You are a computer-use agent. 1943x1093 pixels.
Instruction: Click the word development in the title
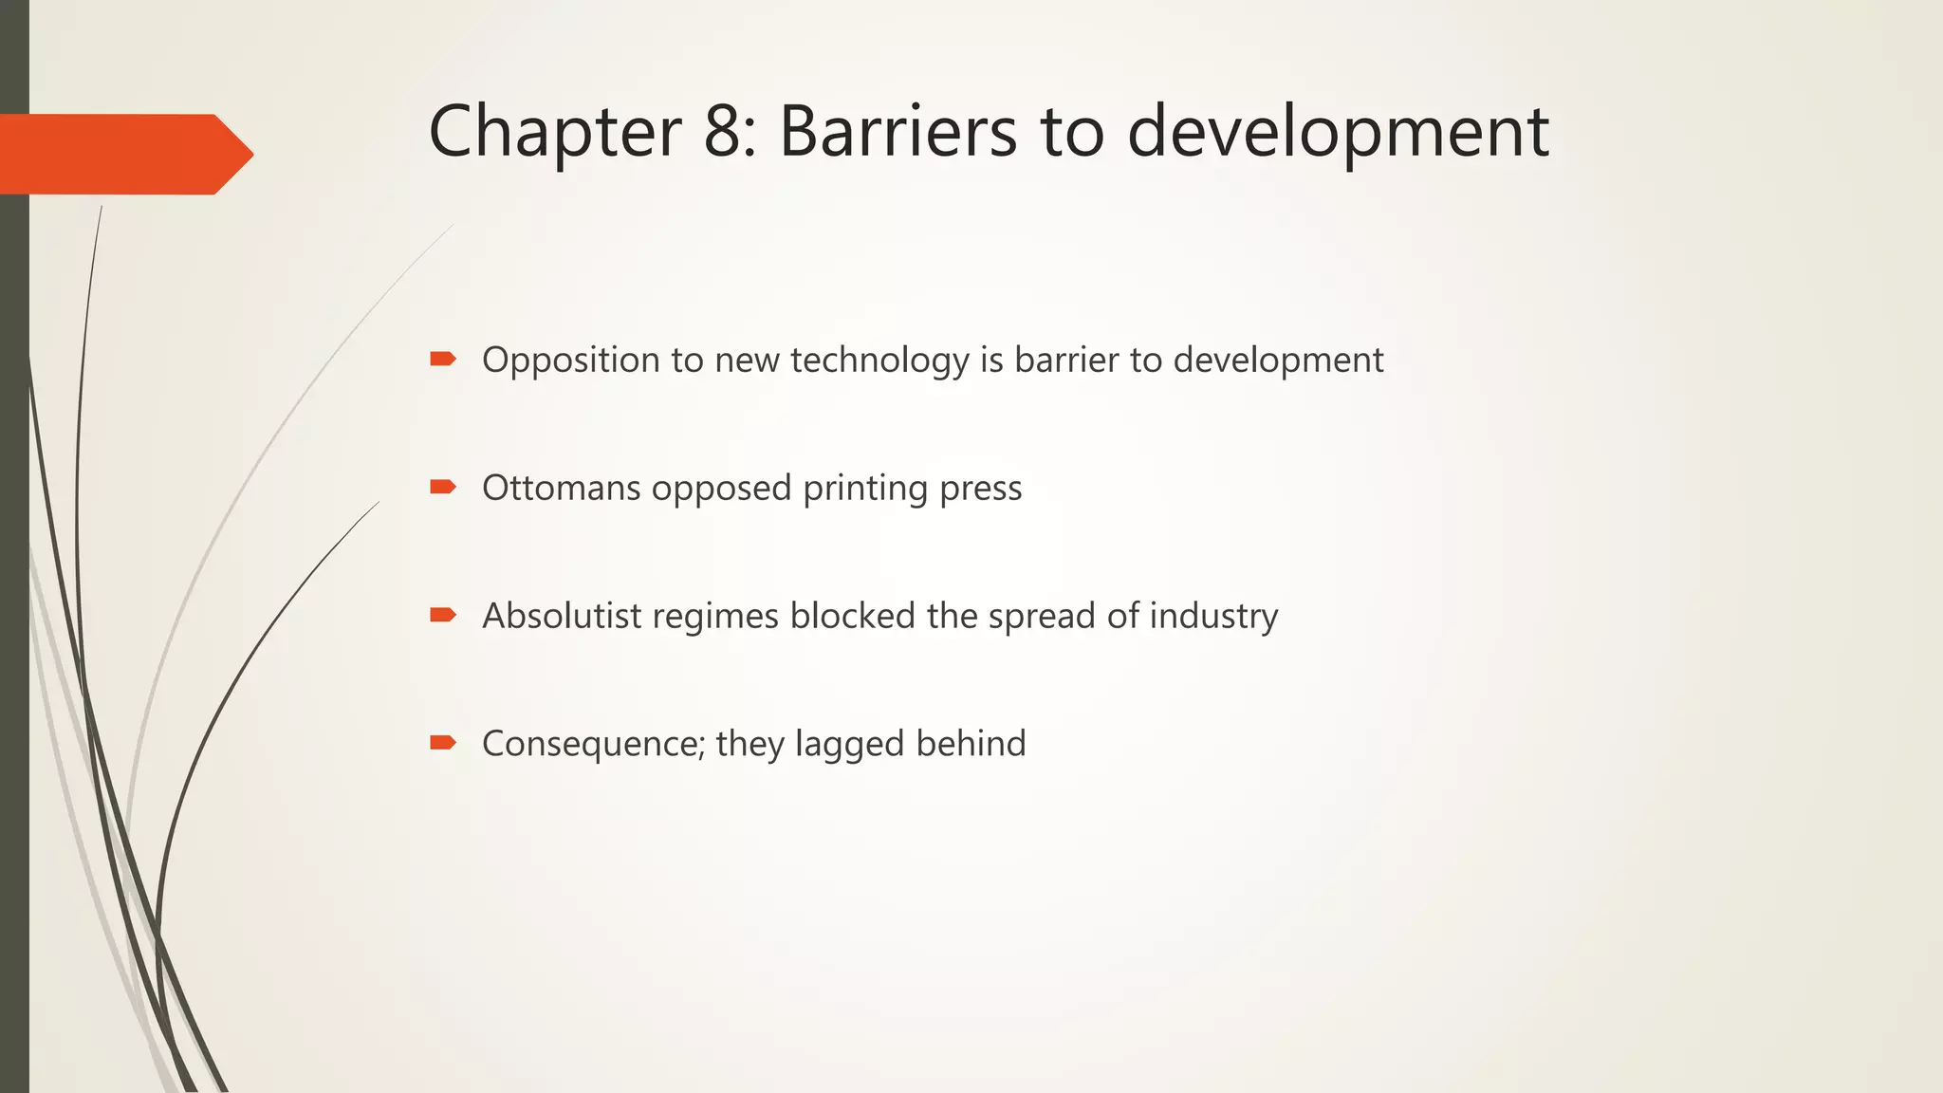(1338, 133)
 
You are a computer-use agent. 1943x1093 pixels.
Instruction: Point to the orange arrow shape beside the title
(123, 154)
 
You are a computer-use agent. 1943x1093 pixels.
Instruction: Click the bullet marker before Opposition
(443, 359)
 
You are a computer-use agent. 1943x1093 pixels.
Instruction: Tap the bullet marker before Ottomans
(443, 487)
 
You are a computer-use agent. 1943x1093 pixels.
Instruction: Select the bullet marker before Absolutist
(443, 615)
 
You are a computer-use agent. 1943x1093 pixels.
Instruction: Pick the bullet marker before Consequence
(443, 742)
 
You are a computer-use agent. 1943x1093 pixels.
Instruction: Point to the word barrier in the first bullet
(1066, 360)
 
